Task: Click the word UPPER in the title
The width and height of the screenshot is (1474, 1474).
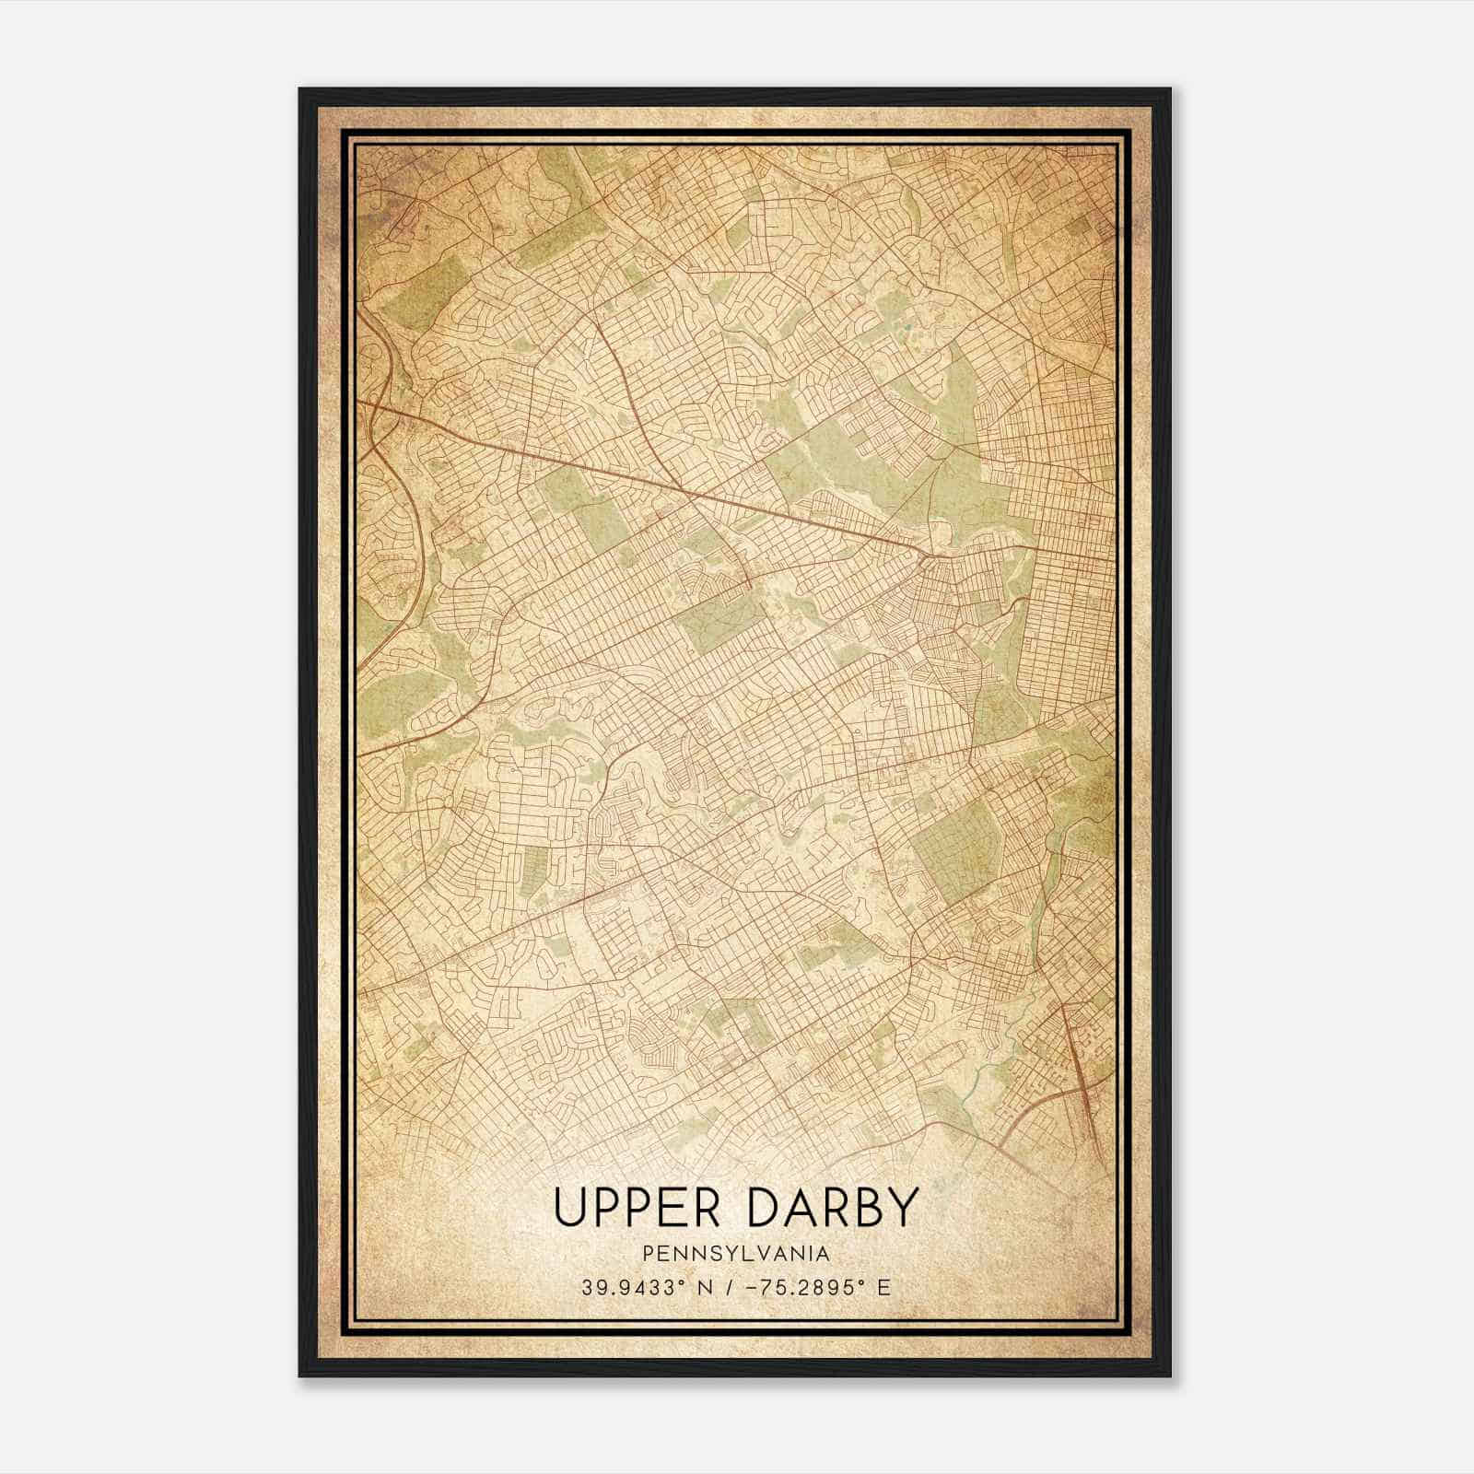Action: pyautogui.click(x=628, y=1207)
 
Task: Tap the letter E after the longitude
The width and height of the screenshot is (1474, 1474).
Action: pyautogui.click(x=884, y=1288)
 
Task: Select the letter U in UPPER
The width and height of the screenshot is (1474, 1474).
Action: pyautogui.click(x=568, y=1207)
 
